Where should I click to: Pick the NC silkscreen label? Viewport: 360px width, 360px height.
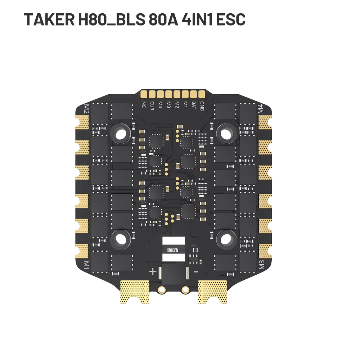(144, 105)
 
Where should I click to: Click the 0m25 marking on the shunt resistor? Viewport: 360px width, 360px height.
(174, 249)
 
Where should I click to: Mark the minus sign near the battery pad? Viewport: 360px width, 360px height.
(195, 271)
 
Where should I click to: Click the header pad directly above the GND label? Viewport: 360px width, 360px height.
(202, 94)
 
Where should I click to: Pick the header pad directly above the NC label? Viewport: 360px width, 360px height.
(144, 94)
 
